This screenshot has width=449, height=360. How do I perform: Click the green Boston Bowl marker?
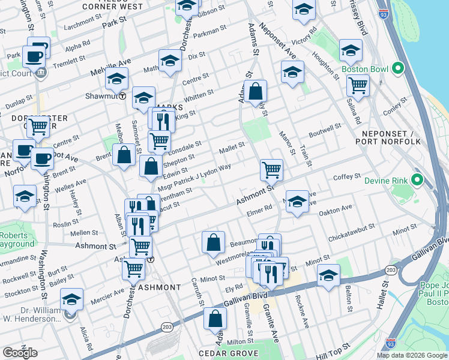coord(397,69)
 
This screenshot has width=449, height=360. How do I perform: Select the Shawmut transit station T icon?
coord(122,95)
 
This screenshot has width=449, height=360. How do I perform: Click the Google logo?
coord(20,352)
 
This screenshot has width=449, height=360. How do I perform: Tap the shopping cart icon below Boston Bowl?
coord(358,86)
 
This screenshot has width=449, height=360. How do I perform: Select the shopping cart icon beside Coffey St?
coord(271,170)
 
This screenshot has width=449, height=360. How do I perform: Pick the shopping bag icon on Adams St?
coord(255,92)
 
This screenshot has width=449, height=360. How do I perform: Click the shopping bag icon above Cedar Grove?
coord(215,319)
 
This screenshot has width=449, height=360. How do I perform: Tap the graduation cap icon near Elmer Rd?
coord(297,202)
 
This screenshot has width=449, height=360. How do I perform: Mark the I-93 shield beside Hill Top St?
coord(391,344)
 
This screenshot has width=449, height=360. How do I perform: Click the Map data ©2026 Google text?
coord(411,355)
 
